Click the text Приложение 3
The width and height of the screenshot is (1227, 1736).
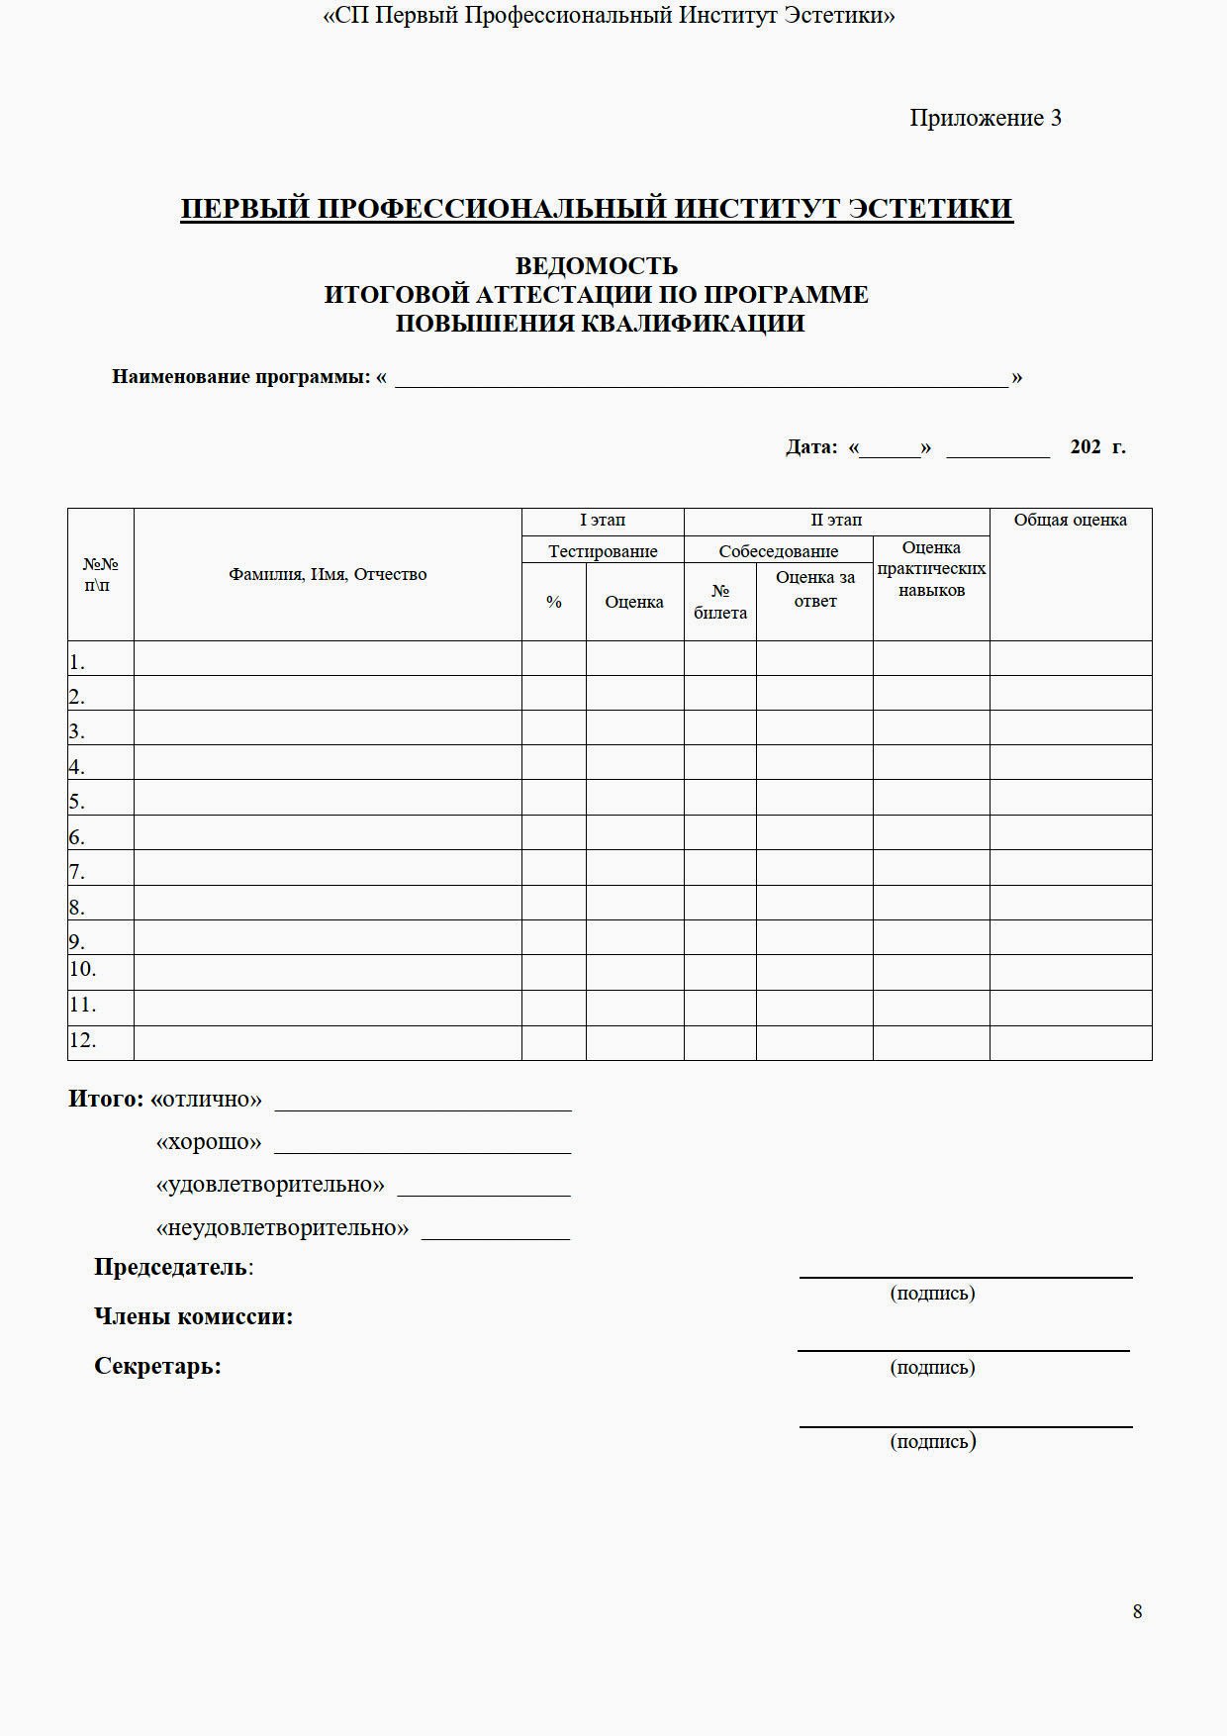click(x=985, y=118)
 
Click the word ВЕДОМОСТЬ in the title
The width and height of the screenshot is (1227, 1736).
click(x=596, y=266)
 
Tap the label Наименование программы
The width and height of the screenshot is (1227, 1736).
click(x=240, y=377)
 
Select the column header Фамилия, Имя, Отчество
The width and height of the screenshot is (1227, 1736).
click(x=328, y=574)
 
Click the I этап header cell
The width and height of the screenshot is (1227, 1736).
click(x=603, y=520)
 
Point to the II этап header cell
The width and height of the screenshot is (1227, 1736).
click(x=836, y=520)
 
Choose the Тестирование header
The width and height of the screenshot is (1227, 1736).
click(x=603, y=551)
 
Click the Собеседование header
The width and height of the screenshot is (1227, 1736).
click(x=778, y=551)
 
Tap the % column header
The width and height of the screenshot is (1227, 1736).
click(x=554, y=602)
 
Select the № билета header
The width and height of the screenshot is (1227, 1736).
click(x=720, y=602)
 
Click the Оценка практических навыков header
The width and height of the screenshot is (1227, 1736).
click(x=931, y=569)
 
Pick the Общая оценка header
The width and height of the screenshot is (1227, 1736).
click(x=1070, y=520)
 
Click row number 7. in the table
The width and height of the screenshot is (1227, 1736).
click(x=77, y=872)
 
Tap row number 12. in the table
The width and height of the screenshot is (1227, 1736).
click(x=82, y=1040)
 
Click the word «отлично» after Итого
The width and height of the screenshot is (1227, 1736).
click(x=207, y=1099)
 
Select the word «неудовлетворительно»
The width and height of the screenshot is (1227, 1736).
click(x=282, y=1228)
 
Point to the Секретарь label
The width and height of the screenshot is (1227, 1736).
click(x=157, y=1366)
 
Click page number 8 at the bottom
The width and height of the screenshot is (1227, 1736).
click(x=1137, y=1611)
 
